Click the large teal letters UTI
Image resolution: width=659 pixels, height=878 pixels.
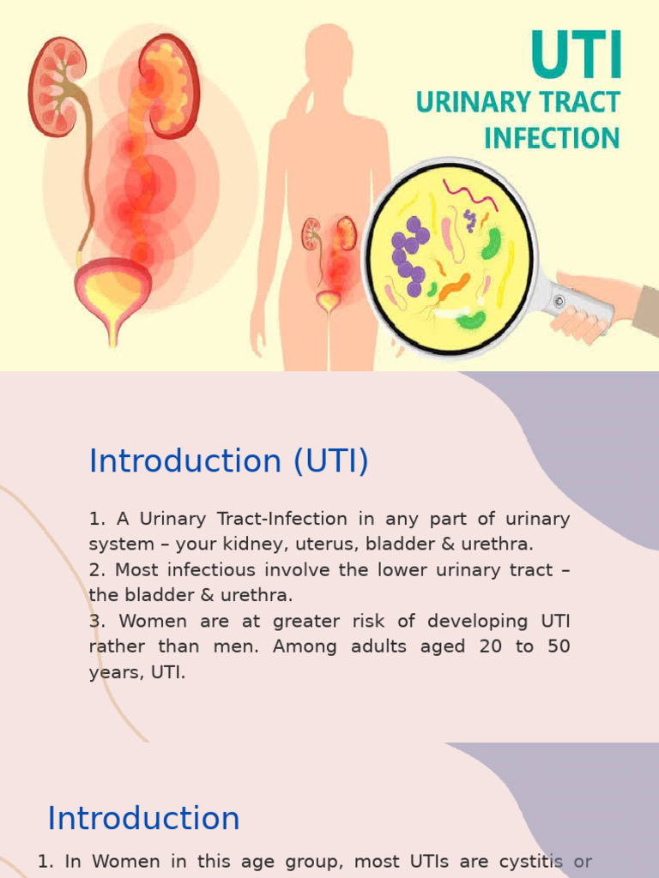point(577,56)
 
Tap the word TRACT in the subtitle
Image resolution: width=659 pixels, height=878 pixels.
point(577,102)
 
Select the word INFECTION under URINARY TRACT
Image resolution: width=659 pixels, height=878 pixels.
point(552,137)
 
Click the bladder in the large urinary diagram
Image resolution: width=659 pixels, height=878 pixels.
point(112,292)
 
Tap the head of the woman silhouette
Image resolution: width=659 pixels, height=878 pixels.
point(327,53)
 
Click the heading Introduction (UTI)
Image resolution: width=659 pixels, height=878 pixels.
point(229,461)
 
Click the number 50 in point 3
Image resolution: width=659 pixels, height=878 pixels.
point(558,646)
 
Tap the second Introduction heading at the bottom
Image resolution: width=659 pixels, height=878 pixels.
point(143,818)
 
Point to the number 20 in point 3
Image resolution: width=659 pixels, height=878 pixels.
point(490,646)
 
